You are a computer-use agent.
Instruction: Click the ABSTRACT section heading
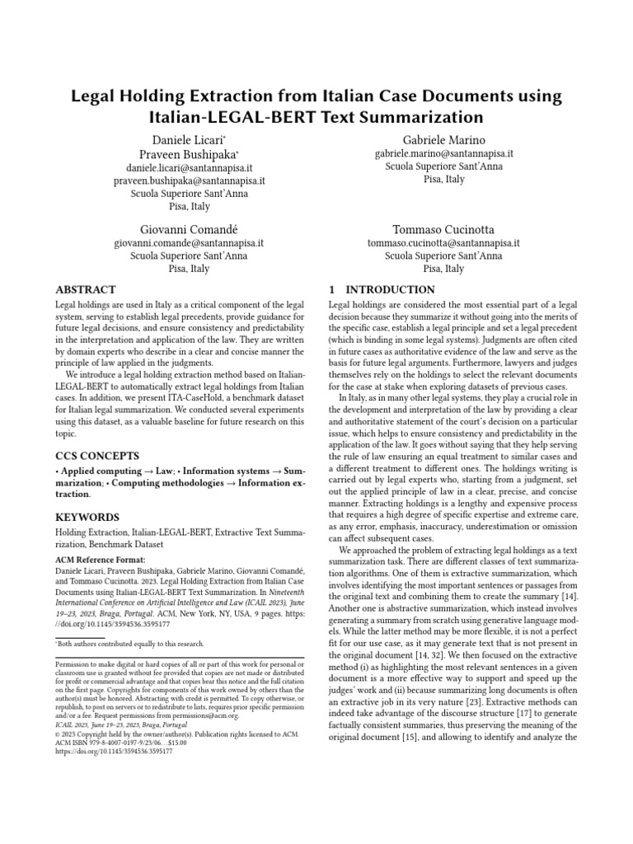click(x=85, y=290)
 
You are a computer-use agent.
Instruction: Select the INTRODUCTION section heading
click(x=382, y=290)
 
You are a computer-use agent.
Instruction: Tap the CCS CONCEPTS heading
click(x=96, y=455)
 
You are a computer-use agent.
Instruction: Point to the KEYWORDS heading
click(x=87, y=517)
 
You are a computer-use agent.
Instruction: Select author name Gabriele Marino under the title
click(x=443, y=139)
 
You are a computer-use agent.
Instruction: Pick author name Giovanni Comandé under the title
click(x=188, y=228)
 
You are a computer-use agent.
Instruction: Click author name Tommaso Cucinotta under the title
click(x=443, y=228)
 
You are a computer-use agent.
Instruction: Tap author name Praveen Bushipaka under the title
click(x=188, y=154)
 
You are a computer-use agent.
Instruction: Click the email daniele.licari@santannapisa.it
click(x=188, y=167)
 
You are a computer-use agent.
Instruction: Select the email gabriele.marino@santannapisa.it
click(x=443, y=153)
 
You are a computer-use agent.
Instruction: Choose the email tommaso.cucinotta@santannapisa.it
click(x=443, y=243)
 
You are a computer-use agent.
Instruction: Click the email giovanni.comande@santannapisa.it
click(x=188, y=243)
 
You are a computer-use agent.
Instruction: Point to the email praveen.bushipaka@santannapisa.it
click(x=188, y=181)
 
